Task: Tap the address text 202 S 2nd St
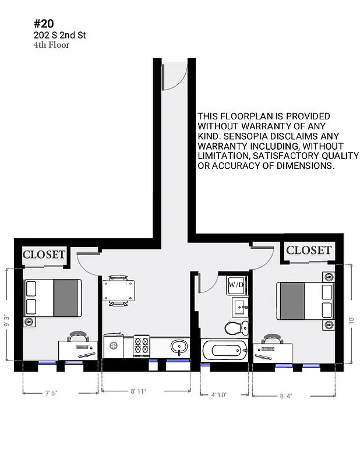pos(60,36)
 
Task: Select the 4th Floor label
pos(51,45)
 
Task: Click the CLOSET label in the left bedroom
pos(44,255)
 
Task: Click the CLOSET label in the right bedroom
pos(309,250)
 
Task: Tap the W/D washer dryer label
pos(236,285)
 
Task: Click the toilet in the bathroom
pos(236,328)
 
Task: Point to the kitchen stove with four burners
pos(142,346)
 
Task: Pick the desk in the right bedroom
pos(273,351)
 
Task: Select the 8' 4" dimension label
pos(285,396)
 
